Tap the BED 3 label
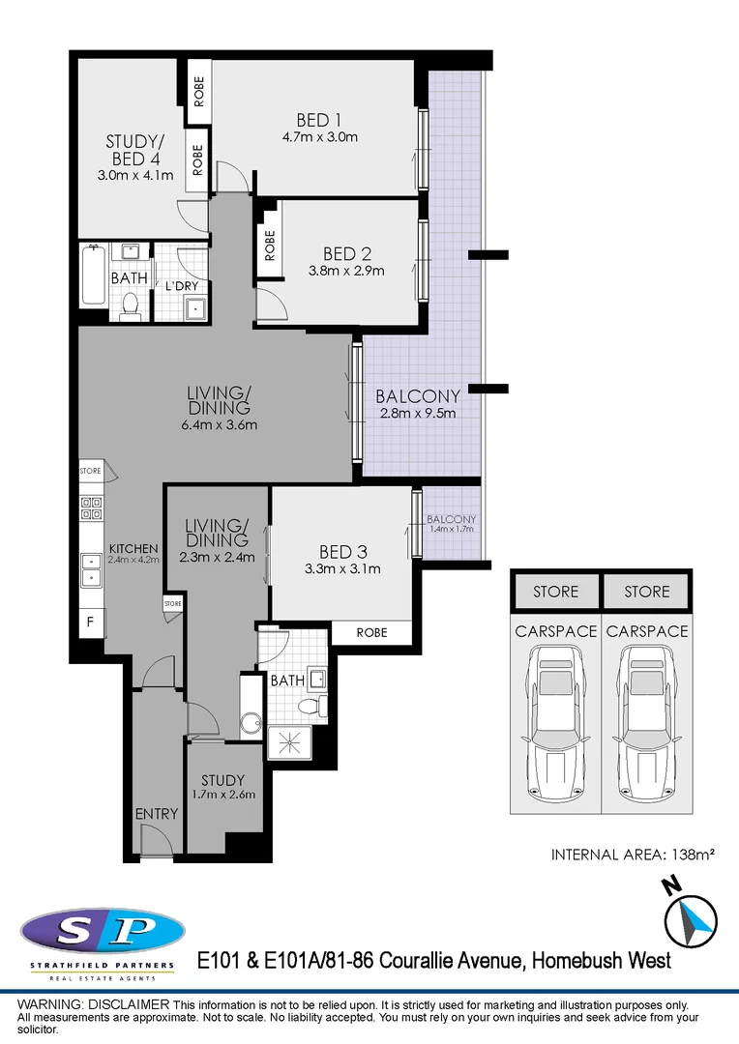click(342, 552)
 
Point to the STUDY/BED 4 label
click(134, 151)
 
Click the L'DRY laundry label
click(181, 287)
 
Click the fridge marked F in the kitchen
click(90, 622)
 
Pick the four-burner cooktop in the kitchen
click(91, 509)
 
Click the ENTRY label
click(156, 814)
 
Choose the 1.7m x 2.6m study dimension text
click(222, 796)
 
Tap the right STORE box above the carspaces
click(646, 592)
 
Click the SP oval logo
click(103, 930)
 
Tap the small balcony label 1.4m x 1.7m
click(452, 529)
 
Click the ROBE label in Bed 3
click(371, 632)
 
